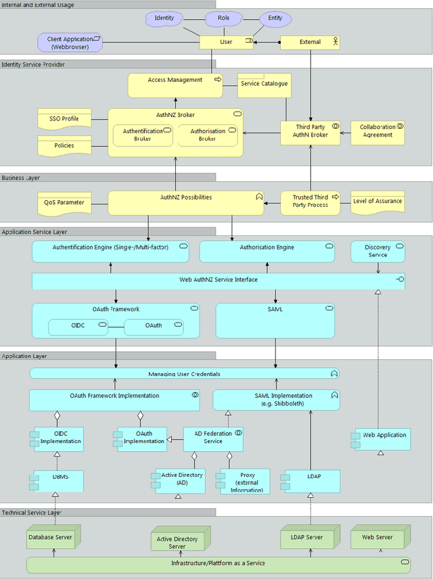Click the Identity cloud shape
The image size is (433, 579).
[x=164, y=18]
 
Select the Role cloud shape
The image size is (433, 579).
[x=224, y=18]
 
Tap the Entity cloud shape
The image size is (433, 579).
[x=275, y=18]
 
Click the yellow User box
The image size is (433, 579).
[x=226, y=42]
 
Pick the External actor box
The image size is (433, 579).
[x=310, y=42]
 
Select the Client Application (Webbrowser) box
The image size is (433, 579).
[x=70, y=43]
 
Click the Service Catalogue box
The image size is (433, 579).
[x=264, y=84]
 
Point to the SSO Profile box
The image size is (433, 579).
[x=64, y=119]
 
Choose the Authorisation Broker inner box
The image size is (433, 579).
[x=208, y=135]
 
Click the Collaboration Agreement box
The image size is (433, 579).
[x=378, y=131]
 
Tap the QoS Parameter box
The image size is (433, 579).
[x=64, y=202]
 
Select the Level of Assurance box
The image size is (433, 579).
[x=378, y=202]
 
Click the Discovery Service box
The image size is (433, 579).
[x=378, y=252]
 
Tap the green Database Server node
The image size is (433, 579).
[x=53, y=537]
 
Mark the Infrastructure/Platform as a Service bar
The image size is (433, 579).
[x=218, y=563]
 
